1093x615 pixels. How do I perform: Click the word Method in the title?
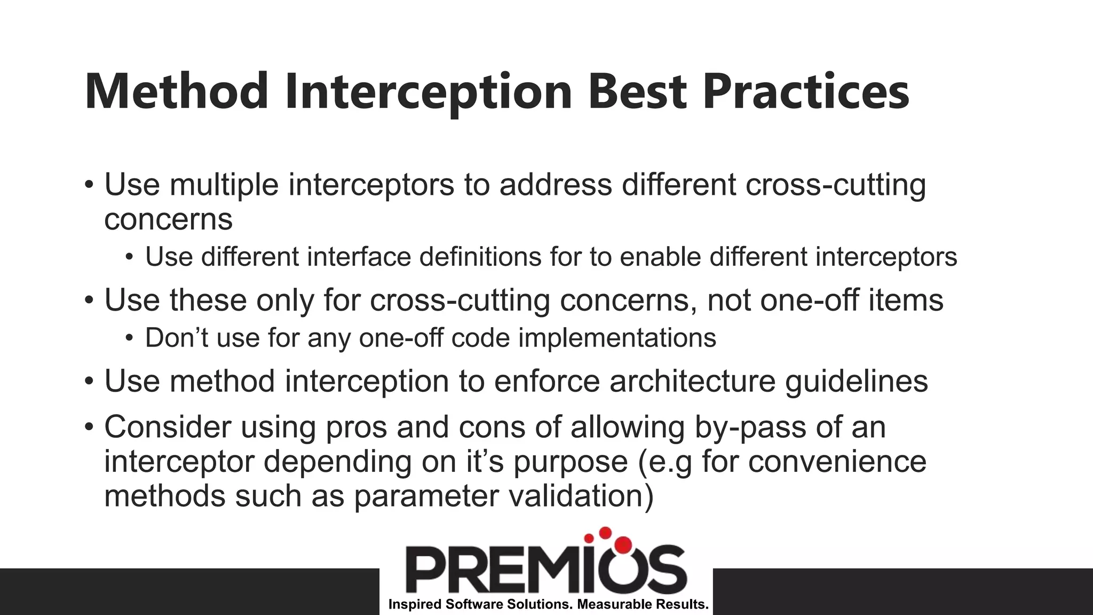point(176,92)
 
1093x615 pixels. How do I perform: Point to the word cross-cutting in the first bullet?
point(836,185)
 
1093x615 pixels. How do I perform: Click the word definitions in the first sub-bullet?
point(480,257)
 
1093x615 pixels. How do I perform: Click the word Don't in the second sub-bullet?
point(177,338)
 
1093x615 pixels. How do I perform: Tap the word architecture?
point(692,381)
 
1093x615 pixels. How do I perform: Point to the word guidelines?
point(857,381)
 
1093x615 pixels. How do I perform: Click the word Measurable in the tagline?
point(609,604)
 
